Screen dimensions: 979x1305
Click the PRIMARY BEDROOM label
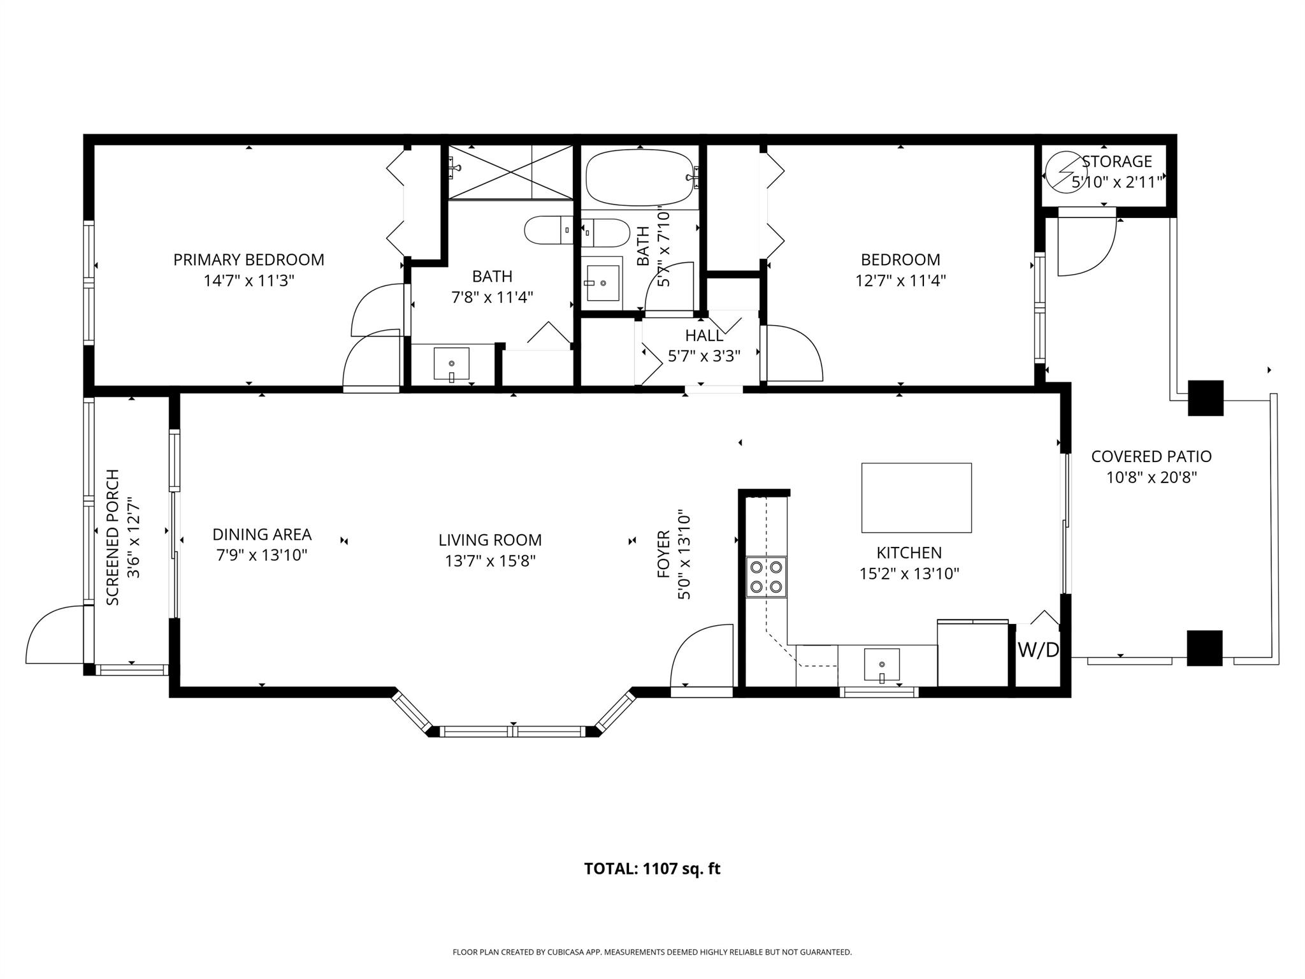pyautogui.click(x=249, y=260)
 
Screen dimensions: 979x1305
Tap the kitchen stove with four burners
pyautogui.click(x=767, y=577)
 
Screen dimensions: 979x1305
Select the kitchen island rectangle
pyautogui.click(x=916, y=498)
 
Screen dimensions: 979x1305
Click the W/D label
pyautogui.click(x=1038, y=650)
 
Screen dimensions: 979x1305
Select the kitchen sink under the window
pyautogui.click(x=882, y=664)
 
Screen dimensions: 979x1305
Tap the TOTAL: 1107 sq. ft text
pyautogui.click(x=652, y=869)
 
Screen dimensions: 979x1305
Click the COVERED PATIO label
pyautogui.click(x=1151, y=456)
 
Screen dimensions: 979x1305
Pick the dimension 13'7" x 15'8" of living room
pyautogui.click(x=490, y=561)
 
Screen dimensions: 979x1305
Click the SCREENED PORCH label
pyautogui.click(x=113, y=537)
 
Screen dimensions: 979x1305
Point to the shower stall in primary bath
pyautogui.click(x=510, y=171)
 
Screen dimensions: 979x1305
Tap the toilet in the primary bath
pyautogui.click(x=549, y=230)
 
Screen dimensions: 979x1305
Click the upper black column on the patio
pyautogui.click(x=1206, y=398)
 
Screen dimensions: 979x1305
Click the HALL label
pyautogui.click(x=703, y=335)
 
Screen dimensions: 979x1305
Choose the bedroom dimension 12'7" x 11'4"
pyautogui.click(x=900, y=280)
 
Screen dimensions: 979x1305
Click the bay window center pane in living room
pyautogui.click(x=513, y=732)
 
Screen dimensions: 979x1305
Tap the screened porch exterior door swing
pyautogui.click(x=54, y=634)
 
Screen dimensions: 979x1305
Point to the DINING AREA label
pyautogui.click(x=261, y=534)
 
